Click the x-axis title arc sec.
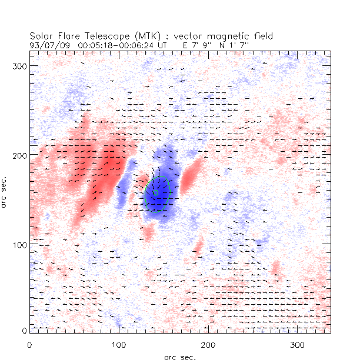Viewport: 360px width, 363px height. tap(179, 357)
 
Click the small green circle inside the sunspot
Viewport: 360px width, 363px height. tap(156, 192)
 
